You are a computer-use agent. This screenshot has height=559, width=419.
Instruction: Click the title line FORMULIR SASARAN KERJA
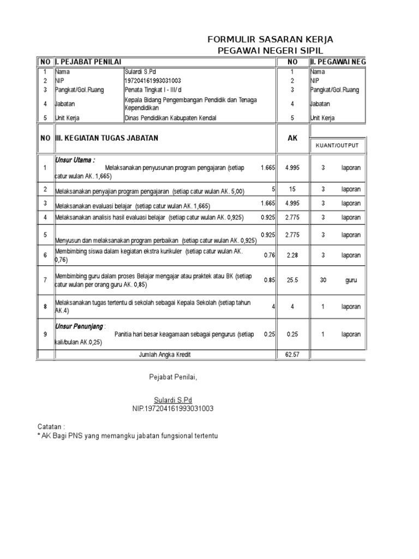pyautogui.click(x=270, y=40)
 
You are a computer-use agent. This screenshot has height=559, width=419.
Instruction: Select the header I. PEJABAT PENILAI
pyautogui.click(x=88, y=62)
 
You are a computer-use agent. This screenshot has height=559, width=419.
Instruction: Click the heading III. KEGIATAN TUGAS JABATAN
pyautogui.click(x=107, y=138)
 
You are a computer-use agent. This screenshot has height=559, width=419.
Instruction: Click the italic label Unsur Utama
pyautogui.click(x=75, y=160)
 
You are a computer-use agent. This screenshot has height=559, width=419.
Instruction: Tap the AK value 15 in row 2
pyautogui.click(x=292, y=189)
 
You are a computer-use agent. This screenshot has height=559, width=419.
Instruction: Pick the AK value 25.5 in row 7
pyautogui.click(x=292, y=280)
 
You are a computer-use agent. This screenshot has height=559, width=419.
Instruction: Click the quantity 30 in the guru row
pyautogui.click(x=323, y=280)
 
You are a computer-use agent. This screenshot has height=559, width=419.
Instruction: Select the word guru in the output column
pyautogui.click(x=351, y=280)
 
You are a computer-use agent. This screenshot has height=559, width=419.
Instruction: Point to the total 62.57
pyautogui.click(x=292, y=355)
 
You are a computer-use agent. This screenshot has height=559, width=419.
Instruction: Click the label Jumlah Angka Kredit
pyautogui.click(x=165, y=355)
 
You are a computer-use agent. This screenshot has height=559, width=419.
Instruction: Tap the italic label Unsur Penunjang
pyautogui.click(x=80, y=326)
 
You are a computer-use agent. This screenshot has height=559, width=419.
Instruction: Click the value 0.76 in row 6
pyautogui.click(x=269, y=255)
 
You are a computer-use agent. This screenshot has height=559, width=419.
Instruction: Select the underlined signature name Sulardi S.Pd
pyautogui.click(x=172, y=400)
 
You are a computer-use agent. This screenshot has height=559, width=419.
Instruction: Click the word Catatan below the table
pyautogui.click(x=51, y=426)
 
